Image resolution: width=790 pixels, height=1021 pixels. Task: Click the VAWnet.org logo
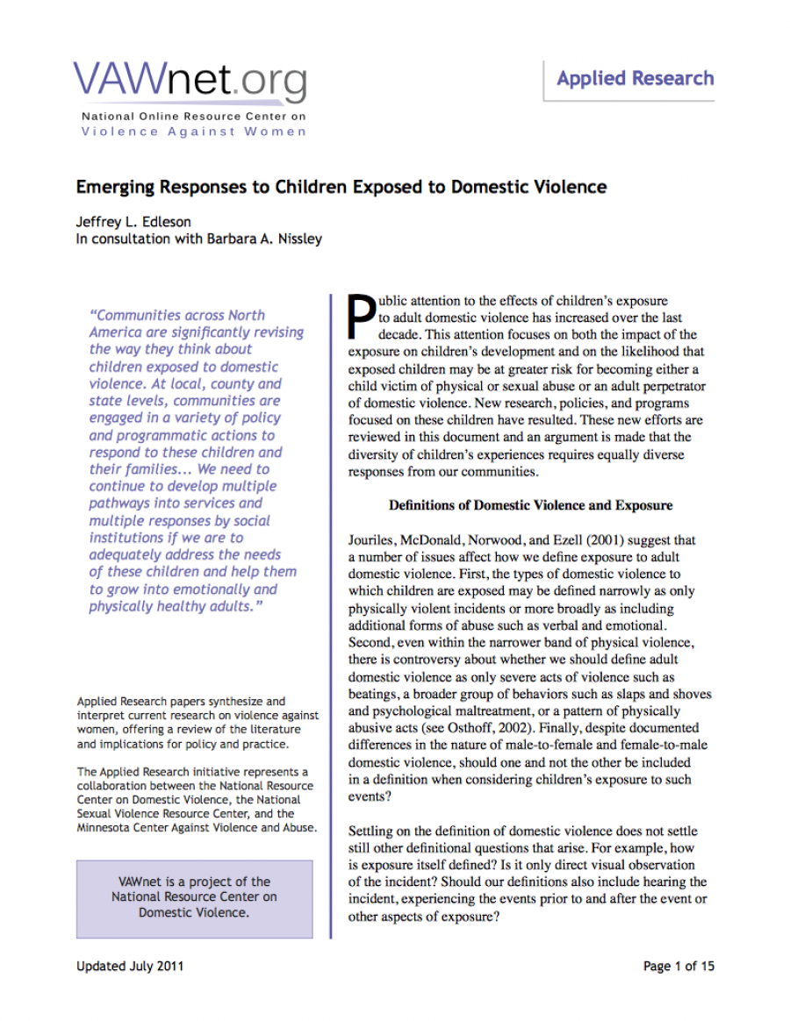pos(190,82)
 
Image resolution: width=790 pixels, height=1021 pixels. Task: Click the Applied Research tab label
pos(635,79)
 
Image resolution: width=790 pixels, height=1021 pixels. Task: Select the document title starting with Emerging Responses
pos(341,188)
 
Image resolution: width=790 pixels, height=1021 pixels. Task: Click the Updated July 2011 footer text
pos(130,967)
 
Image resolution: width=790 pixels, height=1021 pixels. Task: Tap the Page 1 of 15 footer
pos(679,967)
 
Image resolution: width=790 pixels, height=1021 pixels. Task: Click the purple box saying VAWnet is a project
pos(194,897)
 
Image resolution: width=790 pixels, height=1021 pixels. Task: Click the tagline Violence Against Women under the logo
pos(194,132)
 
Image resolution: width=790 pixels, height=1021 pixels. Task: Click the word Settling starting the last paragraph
pos(374,831)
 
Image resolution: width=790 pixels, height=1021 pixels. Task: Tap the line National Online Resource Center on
pos(194,117)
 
